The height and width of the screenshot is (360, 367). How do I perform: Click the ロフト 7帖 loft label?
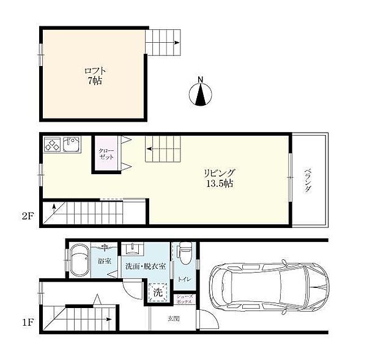coord(95,76)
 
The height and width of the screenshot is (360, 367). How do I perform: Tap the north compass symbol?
coord(201,93)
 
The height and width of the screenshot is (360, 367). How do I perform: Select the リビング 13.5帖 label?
coord(220,178)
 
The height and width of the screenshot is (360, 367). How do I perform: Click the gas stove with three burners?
coord(52,144)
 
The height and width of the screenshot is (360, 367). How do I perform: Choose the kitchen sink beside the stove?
coord(71,144)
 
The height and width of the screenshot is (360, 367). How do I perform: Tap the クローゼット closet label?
coord(106,153)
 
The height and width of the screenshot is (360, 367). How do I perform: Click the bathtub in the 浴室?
coord(80,260)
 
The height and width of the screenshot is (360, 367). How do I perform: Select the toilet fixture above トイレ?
coord(185,253)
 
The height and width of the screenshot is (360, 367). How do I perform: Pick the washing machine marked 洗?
coord(158,292)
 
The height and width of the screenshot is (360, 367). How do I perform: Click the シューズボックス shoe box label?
coord(185,299)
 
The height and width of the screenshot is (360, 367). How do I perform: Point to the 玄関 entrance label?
coord(174,318)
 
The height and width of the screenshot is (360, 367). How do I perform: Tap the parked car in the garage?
coord(270,286)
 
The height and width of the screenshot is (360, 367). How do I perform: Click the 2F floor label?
coord(28,216)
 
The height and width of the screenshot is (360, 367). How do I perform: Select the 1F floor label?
coord(28,323)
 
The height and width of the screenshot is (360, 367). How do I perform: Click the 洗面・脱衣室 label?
coord(146,266)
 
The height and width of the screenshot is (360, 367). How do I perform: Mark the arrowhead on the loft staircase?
coord(177,43)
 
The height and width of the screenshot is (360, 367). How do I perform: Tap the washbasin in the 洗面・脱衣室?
coord(133,248)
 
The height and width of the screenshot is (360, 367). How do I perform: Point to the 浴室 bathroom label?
coord(105,261)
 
